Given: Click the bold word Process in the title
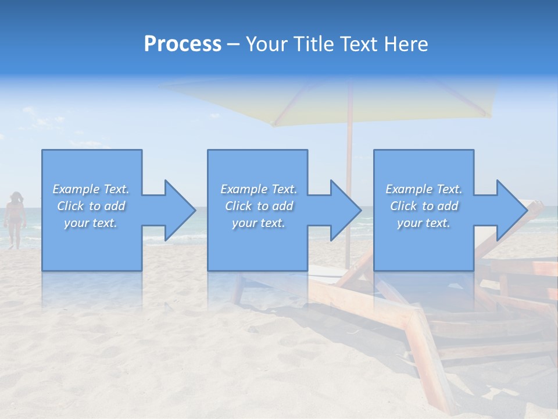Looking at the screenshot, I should tap(183, 44).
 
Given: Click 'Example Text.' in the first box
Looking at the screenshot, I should tap(91, 189).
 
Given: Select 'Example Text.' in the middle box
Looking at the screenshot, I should tap(258, 189).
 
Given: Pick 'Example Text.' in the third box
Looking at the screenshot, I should tap(423, 189).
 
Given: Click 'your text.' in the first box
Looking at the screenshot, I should tap(91, 223).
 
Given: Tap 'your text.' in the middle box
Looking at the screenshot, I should tap(258, 223).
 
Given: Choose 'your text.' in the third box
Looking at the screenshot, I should tap(423, 223).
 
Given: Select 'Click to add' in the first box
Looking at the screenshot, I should tap(91, 206).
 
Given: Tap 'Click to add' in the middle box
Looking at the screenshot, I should tap(258, 206).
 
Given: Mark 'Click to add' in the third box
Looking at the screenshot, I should tap(423, 206).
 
